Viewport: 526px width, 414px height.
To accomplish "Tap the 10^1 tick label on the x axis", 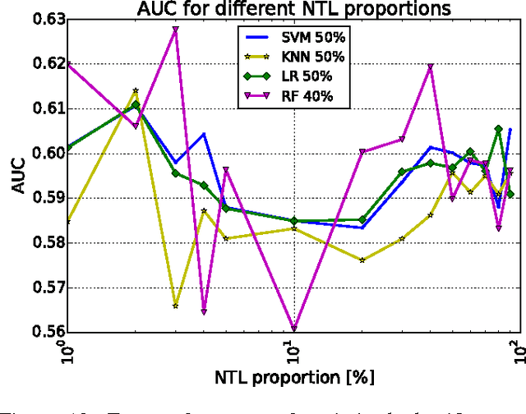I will click(x=293, y=358).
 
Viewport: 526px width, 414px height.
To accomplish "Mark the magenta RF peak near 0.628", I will click(x=175, y=29).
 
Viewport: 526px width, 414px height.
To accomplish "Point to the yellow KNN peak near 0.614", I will click(x=136, y=90).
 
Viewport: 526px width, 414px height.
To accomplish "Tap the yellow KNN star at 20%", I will click(x=362, y=260).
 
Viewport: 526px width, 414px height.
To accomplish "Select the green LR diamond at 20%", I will click(x=362, y=219).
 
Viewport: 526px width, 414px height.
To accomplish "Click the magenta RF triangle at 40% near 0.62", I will click(x=430, y=67).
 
